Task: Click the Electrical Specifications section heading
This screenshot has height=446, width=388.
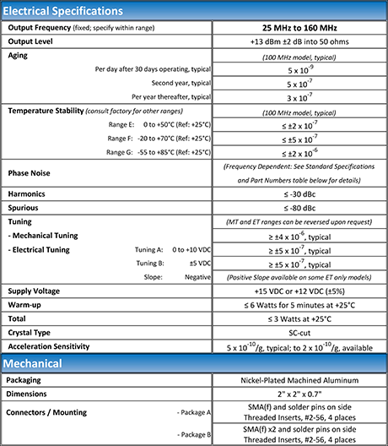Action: [x=64, y=11]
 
